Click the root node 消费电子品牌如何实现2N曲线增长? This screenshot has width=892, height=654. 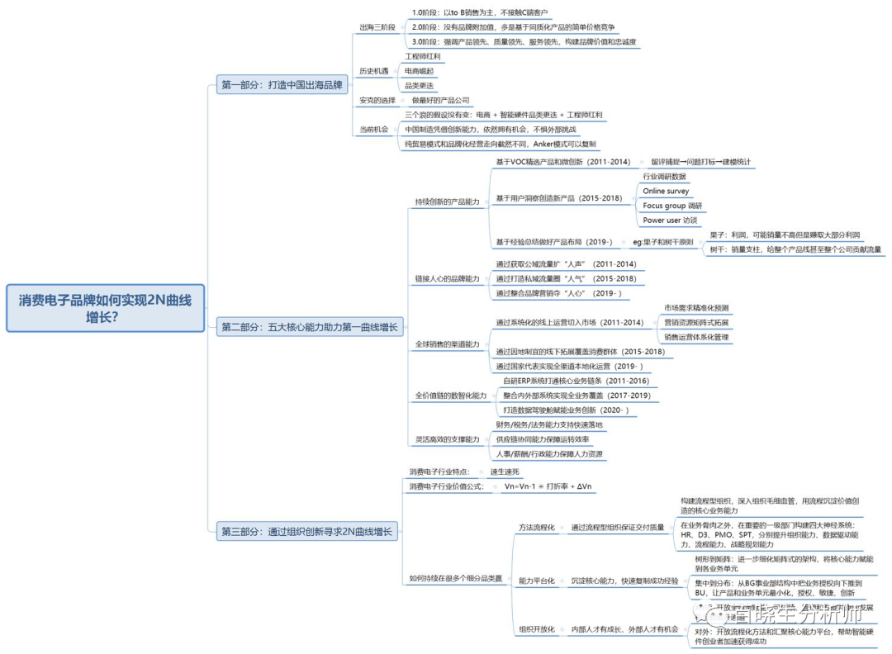pos(105,308)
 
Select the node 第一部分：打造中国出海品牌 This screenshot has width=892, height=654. pos(283,84)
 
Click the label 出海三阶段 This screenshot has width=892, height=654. pos(376,26)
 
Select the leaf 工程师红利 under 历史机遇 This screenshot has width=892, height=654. pos(423,57)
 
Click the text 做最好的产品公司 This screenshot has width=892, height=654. pos(440,100)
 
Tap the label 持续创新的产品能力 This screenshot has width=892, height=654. pos(447,201)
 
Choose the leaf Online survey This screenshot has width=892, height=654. pos(666,191)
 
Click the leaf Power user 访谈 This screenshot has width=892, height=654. pos(670,220)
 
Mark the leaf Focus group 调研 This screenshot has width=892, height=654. pos(672,206)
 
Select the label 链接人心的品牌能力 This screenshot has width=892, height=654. pos(447,278)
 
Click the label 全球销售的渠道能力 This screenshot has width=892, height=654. pos(447,344)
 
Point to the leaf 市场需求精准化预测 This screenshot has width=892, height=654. pos(696,308)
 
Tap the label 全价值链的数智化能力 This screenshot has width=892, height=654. pos(450,396)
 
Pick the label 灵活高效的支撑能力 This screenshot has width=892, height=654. pos(447,439)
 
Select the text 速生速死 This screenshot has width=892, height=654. pos(504,471)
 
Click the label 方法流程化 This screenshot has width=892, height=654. pos(536,527)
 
